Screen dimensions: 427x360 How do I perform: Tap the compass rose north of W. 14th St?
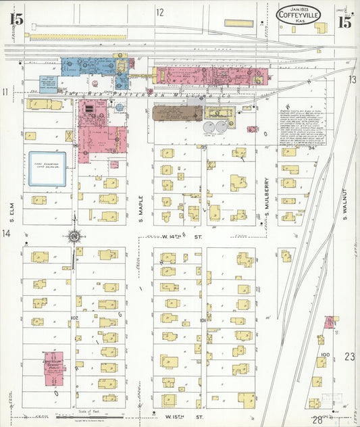coord(74,236)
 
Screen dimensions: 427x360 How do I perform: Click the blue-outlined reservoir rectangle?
coord(47,168)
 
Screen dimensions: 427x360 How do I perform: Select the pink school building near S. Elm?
coord(53,369)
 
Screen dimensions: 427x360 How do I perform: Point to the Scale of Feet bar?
coord(88,417)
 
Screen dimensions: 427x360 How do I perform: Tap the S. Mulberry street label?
coord(267,200)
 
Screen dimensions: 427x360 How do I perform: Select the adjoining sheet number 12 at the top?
coord(160,12)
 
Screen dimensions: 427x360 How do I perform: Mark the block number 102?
coord(74,318)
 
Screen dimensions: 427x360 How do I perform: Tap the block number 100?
coord(325,354)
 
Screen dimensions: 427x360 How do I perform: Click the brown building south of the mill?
coord(177,113)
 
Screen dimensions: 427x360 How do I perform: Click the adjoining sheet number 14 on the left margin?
coord(6,234)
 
